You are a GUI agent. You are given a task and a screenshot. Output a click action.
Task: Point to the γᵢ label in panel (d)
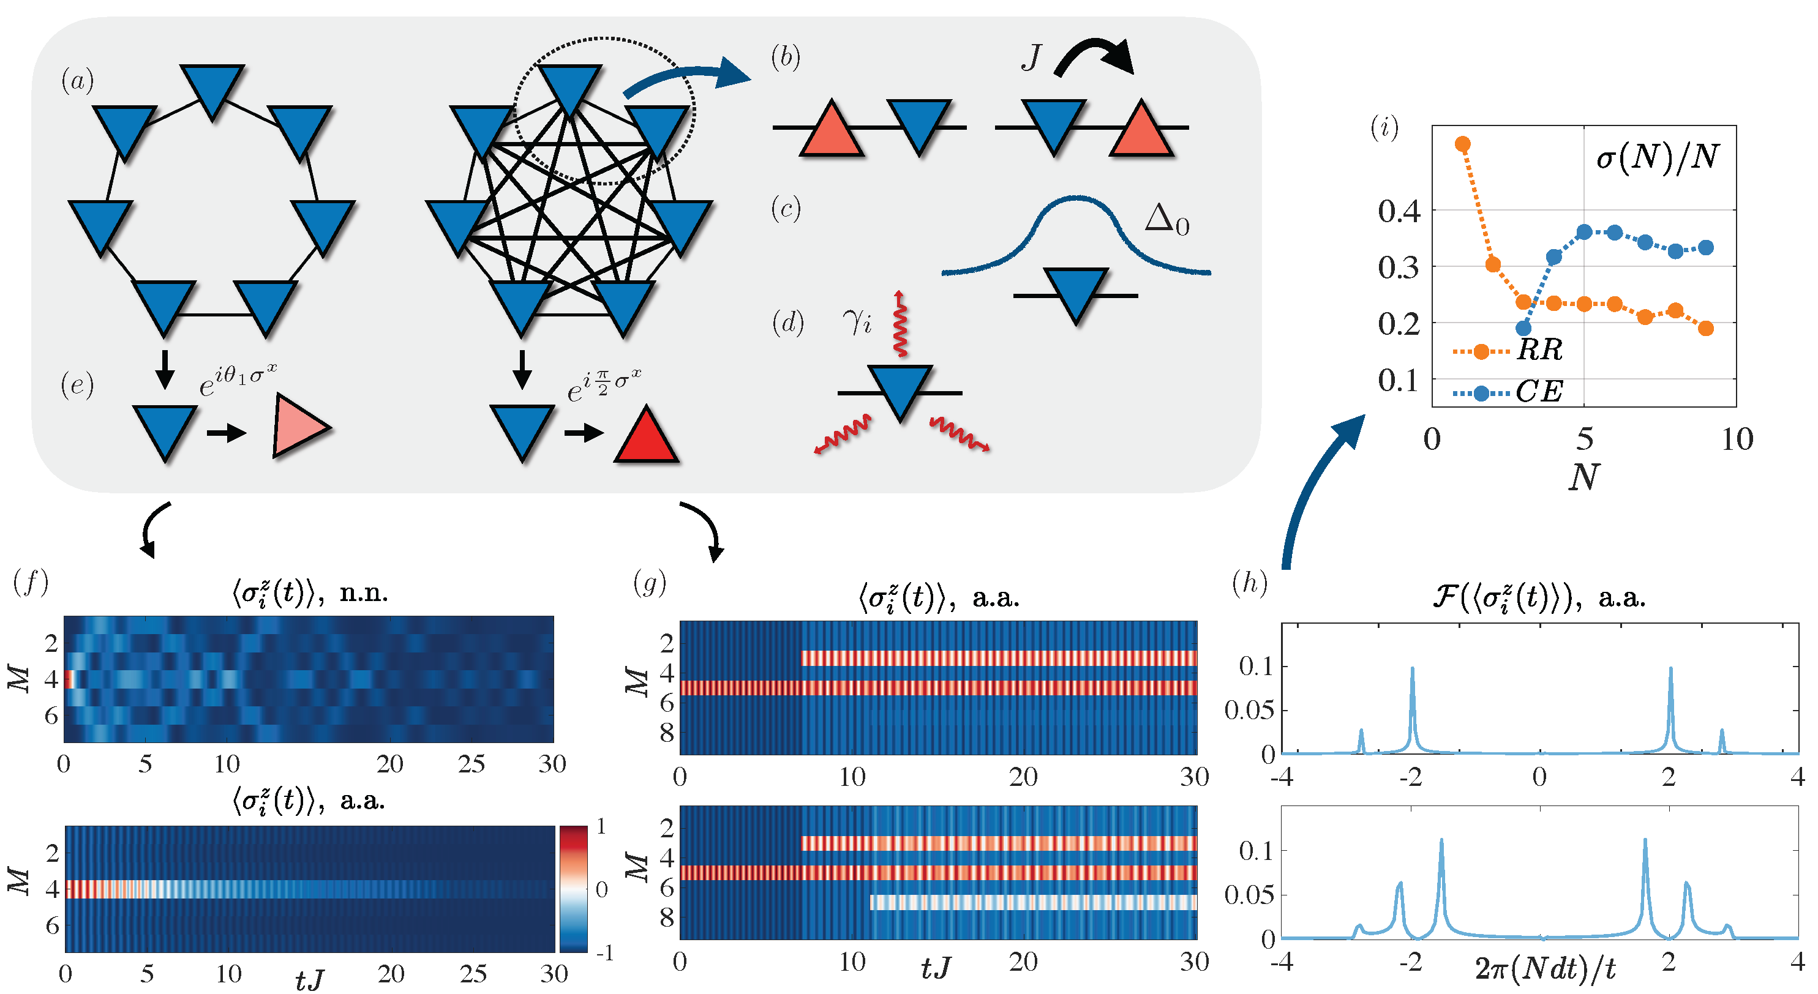click(857, 321)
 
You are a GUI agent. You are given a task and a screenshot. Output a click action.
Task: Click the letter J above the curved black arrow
click(1031, 57)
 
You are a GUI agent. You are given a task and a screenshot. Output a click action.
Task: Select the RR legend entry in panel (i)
click(1539, 350)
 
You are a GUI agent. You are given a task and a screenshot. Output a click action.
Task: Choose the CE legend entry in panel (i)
click(1539, 392)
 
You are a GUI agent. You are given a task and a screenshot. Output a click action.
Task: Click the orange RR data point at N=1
click(1463, 144)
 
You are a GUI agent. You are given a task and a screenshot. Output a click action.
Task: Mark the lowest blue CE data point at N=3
click(1523, 327)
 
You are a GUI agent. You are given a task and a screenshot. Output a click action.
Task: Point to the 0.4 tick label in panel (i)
click(1399, 211)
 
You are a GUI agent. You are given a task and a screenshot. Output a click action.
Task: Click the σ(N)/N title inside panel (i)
click(1657, 157)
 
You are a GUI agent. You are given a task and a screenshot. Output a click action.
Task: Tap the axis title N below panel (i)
click(1583, 477)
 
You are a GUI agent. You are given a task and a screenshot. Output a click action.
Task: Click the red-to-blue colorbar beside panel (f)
click(573, 889)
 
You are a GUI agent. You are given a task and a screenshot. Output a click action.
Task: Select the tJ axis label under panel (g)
click(936, 968)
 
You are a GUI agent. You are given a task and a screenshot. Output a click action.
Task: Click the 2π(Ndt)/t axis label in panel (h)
click(1545, 970)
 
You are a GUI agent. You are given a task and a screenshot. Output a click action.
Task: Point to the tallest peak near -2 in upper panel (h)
click(1412, 670)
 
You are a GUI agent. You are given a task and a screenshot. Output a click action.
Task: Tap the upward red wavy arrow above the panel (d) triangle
click(900, 324)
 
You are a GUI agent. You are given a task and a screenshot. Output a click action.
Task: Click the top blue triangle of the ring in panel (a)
click(212, 88)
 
